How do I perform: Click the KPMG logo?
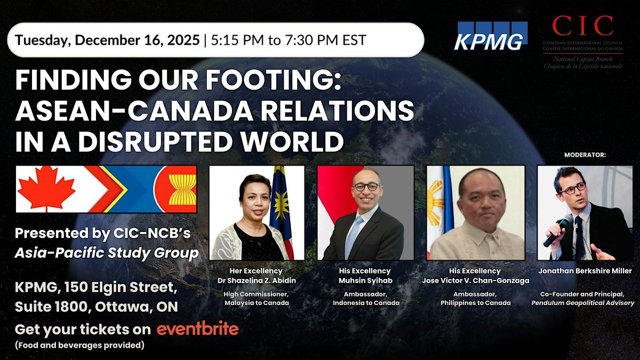pyautogui.click(x=490, y=36)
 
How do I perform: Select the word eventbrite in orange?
pyautogui.click(x=197, y=329)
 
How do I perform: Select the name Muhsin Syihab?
pyautogui.click(x=365, y=279)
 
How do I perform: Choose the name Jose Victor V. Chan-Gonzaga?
pyautogui.click(x=475, y=279)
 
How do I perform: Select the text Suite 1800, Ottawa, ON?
pyautogui.click(x=97, y=308)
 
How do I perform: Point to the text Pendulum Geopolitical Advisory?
pyautogui.click(x=585, y=303)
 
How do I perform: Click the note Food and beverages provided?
pyautogui.click(x=80, y=345)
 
